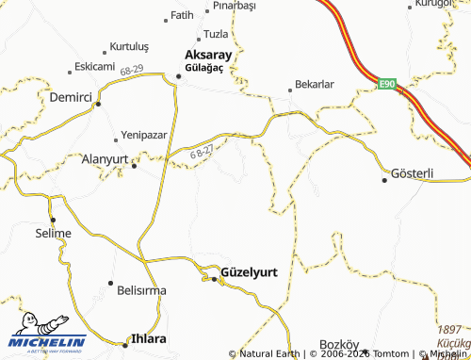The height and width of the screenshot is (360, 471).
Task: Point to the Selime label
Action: click(x=53, y=233)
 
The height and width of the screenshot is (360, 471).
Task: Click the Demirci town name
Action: click(x=71, y=96)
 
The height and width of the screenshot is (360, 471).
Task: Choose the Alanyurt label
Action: click(x=105, y=160)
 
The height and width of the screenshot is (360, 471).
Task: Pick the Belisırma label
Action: click(x=140, y=290)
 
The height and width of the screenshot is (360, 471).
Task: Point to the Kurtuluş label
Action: click(x=130, y=46)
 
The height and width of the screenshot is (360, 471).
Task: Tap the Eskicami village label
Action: click(x=95, y=67)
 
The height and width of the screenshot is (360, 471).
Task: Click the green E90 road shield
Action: click(x=387, y=85)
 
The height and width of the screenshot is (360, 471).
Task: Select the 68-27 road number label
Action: click(x=202, y=152)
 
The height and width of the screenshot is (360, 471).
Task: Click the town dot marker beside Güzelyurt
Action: click(x=214, y=280)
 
